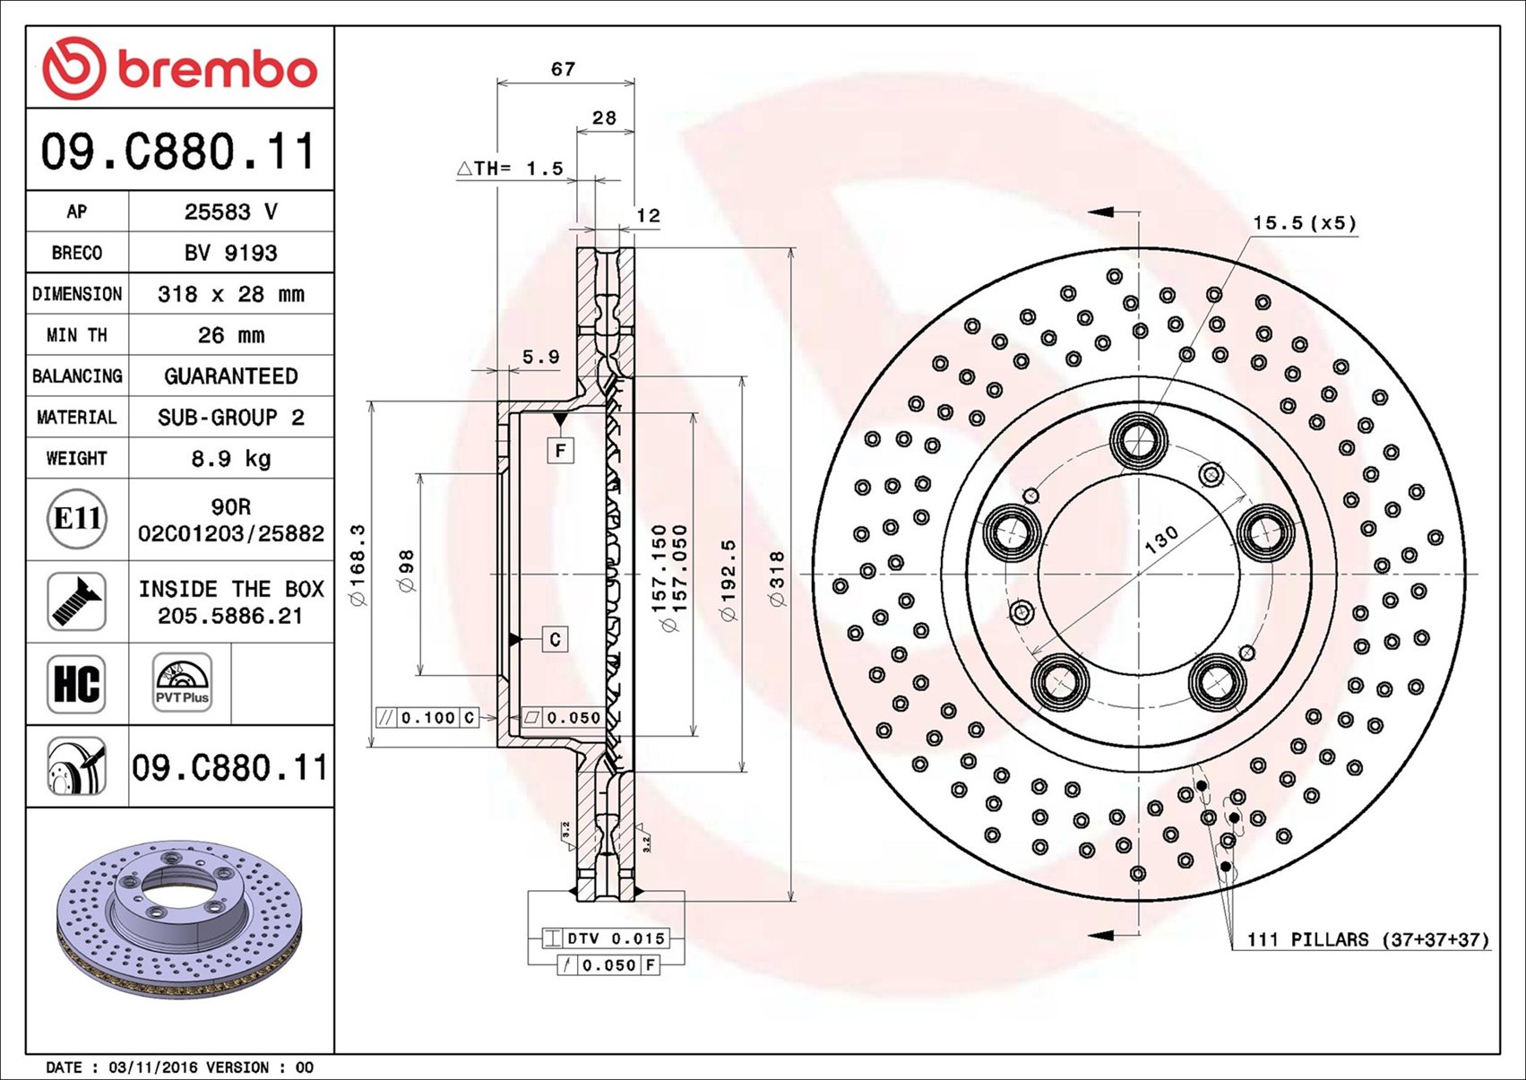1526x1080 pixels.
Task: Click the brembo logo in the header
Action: [x=180, y=67]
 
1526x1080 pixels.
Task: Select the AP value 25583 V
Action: [x=231, y=212]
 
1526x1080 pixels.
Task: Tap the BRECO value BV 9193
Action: [x=231, y=253]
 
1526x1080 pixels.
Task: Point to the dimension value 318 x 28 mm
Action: [x=231, y=294]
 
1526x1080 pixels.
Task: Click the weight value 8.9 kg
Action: [x=231, y=458]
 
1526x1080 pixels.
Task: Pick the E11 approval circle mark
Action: [x=77, y=519]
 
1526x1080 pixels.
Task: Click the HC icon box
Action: [x=76, y=684]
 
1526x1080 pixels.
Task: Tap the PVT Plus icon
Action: [x=182, y=683]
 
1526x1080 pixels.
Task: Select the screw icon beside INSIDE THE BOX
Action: [x=76, y=601]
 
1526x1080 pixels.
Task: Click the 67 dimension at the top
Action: [x=563, y=69]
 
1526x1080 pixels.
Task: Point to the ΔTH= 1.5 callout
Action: [x=510, y=168]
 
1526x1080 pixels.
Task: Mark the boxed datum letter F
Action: [x=561, y=451]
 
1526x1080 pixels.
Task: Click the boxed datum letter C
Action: [x=556, y=639]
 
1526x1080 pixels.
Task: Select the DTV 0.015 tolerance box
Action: [x=605, y=938]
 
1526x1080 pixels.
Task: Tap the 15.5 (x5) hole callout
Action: [x=1305, y=223]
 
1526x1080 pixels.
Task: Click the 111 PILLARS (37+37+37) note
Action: [x=1368, y=939]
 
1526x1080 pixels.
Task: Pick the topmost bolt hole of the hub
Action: [x=1139, y=440]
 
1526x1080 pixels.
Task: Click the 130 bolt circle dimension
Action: [x=1160, y=540]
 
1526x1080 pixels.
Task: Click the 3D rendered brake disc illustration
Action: [x=179, y=920]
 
